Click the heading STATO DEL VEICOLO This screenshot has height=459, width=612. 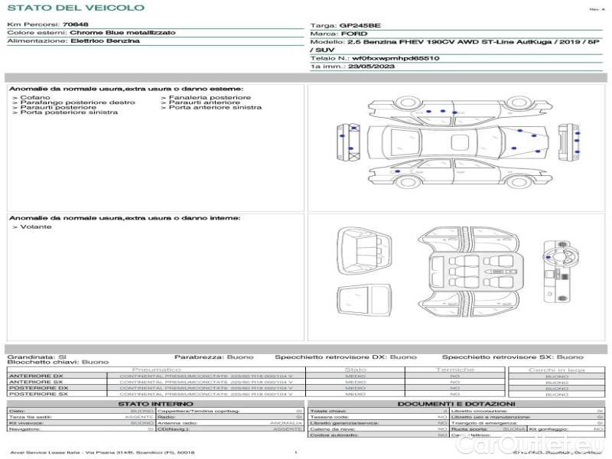(75, 8)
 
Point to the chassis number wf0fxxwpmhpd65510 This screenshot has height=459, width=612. (396, 58)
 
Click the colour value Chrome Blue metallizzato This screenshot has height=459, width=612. (122, 33)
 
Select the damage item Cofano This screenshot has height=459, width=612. (35, 97)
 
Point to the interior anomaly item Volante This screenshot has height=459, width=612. (36, 227)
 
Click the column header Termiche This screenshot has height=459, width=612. (455, 369)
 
